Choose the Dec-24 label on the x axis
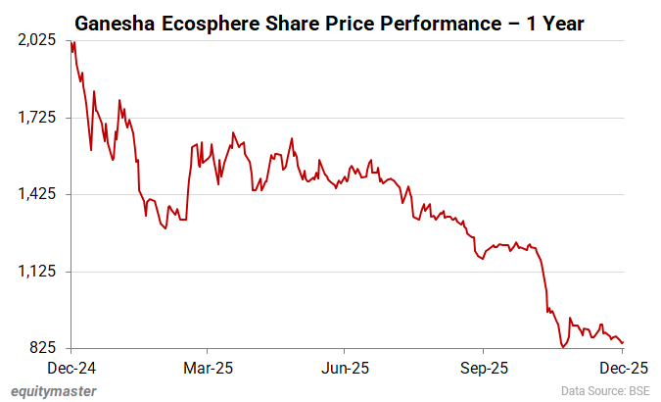click(x=71, y=368)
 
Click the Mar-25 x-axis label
click(x=208, y=368)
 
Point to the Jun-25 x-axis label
click(x=345, y=368)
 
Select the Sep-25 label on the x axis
click(x=482, y=368)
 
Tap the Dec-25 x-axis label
click(x=619, y=368)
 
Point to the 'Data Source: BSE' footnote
click(x=604, y=391)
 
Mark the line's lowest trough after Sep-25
click(x=563, y=346)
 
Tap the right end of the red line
click(x=624, y=342)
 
